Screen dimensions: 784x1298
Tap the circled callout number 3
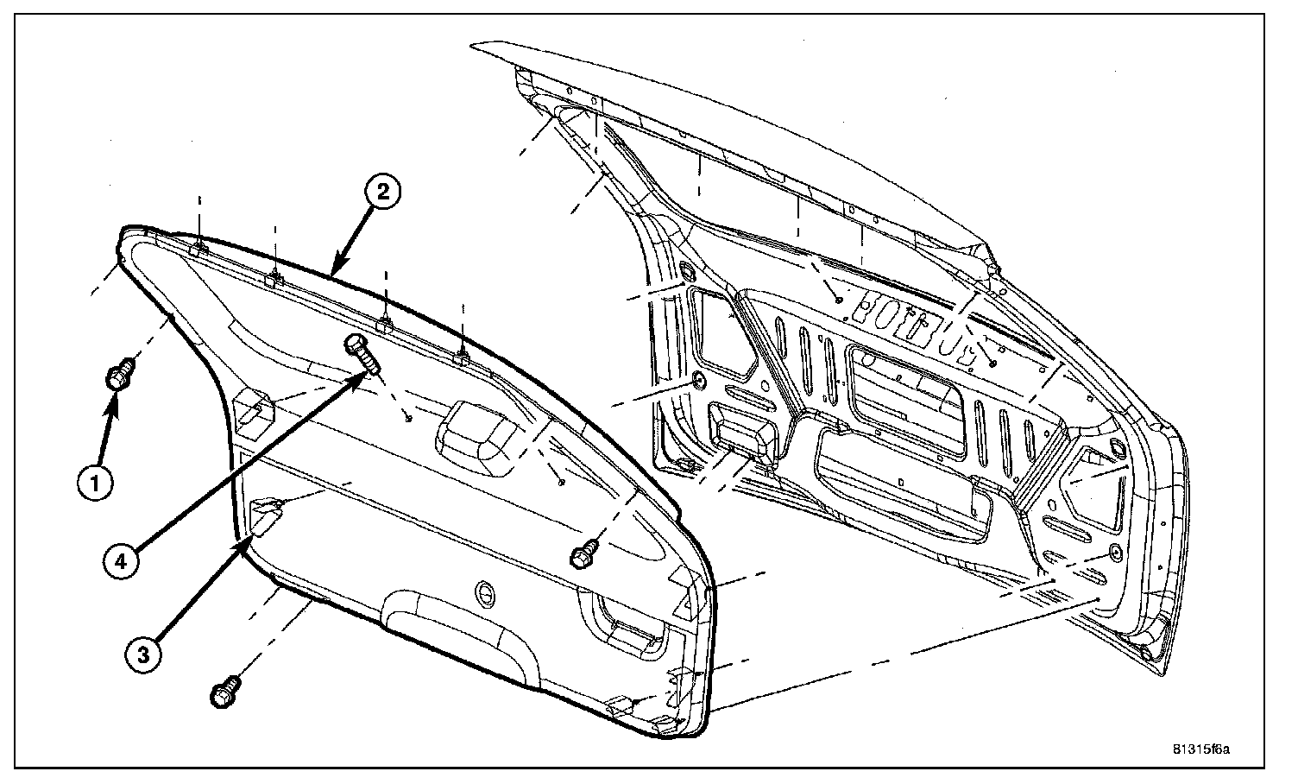click(x=143, y=654)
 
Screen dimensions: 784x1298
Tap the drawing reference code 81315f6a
click(x=1200, y=748)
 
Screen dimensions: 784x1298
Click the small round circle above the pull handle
click(x=486, y=593)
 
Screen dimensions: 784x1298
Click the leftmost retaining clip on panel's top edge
click(x=198, y=249)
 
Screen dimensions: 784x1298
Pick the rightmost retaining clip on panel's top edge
click(x=462, y=353)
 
